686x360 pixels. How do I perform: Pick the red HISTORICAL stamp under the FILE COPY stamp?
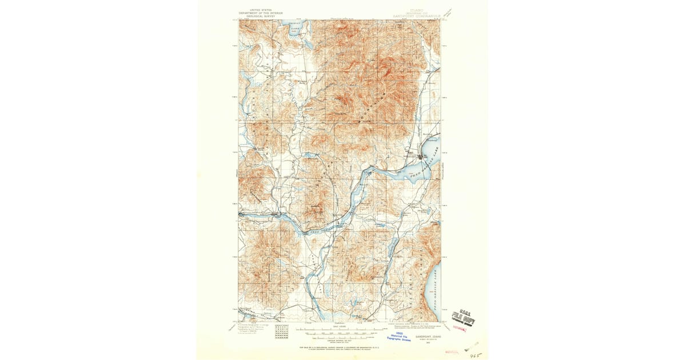coord(461,329)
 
